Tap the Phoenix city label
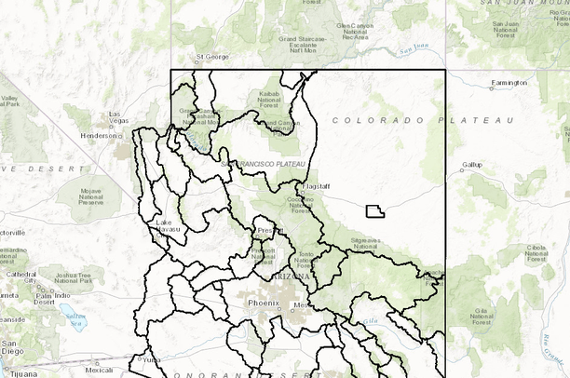(x=263, y=304)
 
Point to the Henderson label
(x=100, y=135)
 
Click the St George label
(x=211, y=57)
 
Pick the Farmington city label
(x=509, y=83)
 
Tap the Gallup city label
(x=473, y=166)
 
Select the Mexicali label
(x=99, y=369)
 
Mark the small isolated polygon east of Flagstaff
(x=374, y=211)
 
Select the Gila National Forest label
(x=484, y=317)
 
